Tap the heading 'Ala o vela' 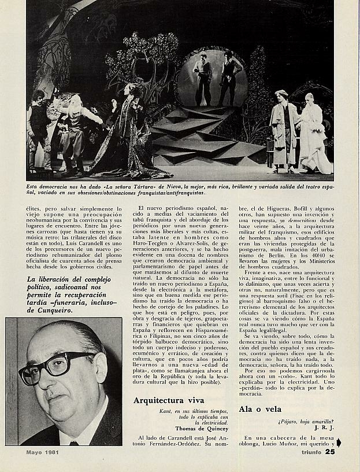(260, 409)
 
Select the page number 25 (329, 452)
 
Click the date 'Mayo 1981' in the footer (44, 452)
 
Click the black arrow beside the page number (339, 443)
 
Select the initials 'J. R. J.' (325, 427)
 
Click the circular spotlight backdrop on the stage (211, 78)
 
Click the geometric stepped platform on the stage (202, 136)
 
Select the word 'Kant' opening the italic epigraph (166, 411)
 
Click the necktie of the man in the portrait (74, 443)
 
